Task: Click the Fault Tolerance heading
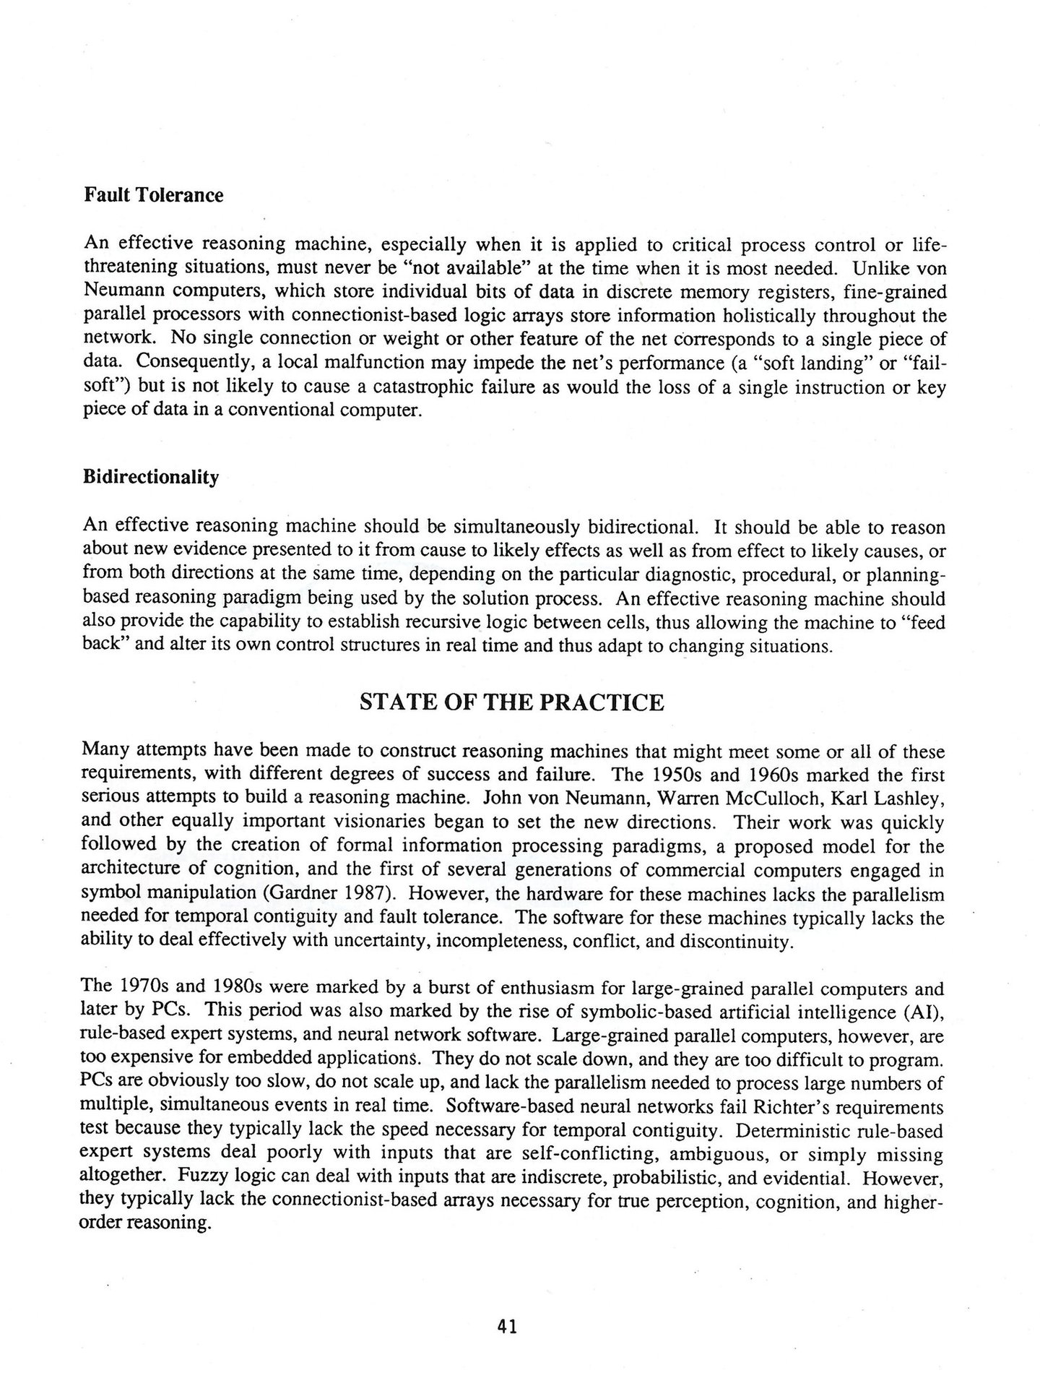pos(154,195)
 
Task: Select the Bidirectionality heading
pos(151,478)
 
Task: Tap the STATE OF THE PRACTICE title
pos(511,702)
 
